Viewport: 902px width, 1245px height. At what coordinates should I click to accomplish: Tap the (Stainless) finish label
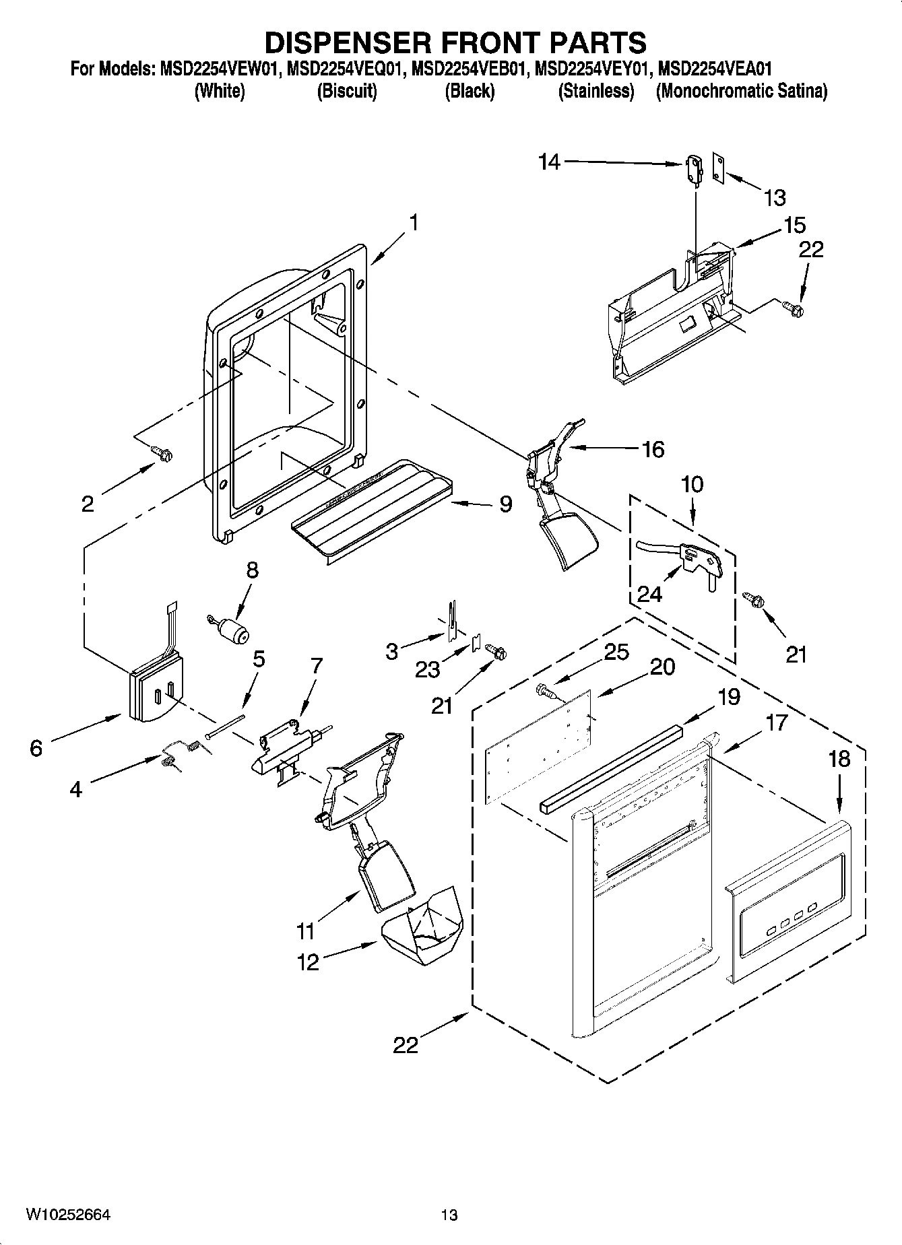click(x=596, y=91)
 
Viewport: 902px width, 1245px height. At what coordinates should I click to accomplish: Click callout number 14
click(x=549, y=162)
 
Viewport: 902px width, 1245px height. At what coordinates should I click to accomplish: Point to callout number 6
click(x=36, y=747)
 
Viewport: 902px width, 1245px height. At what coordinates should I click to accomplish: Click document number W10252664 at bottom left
click(x=68, y=1214)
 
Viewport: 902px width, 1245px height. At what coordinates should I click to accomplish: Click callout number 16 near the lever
click(x=653, y=448)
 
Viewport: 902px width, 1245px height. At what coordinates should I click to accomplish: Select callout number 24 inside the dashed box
click(x=649, y=593)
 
